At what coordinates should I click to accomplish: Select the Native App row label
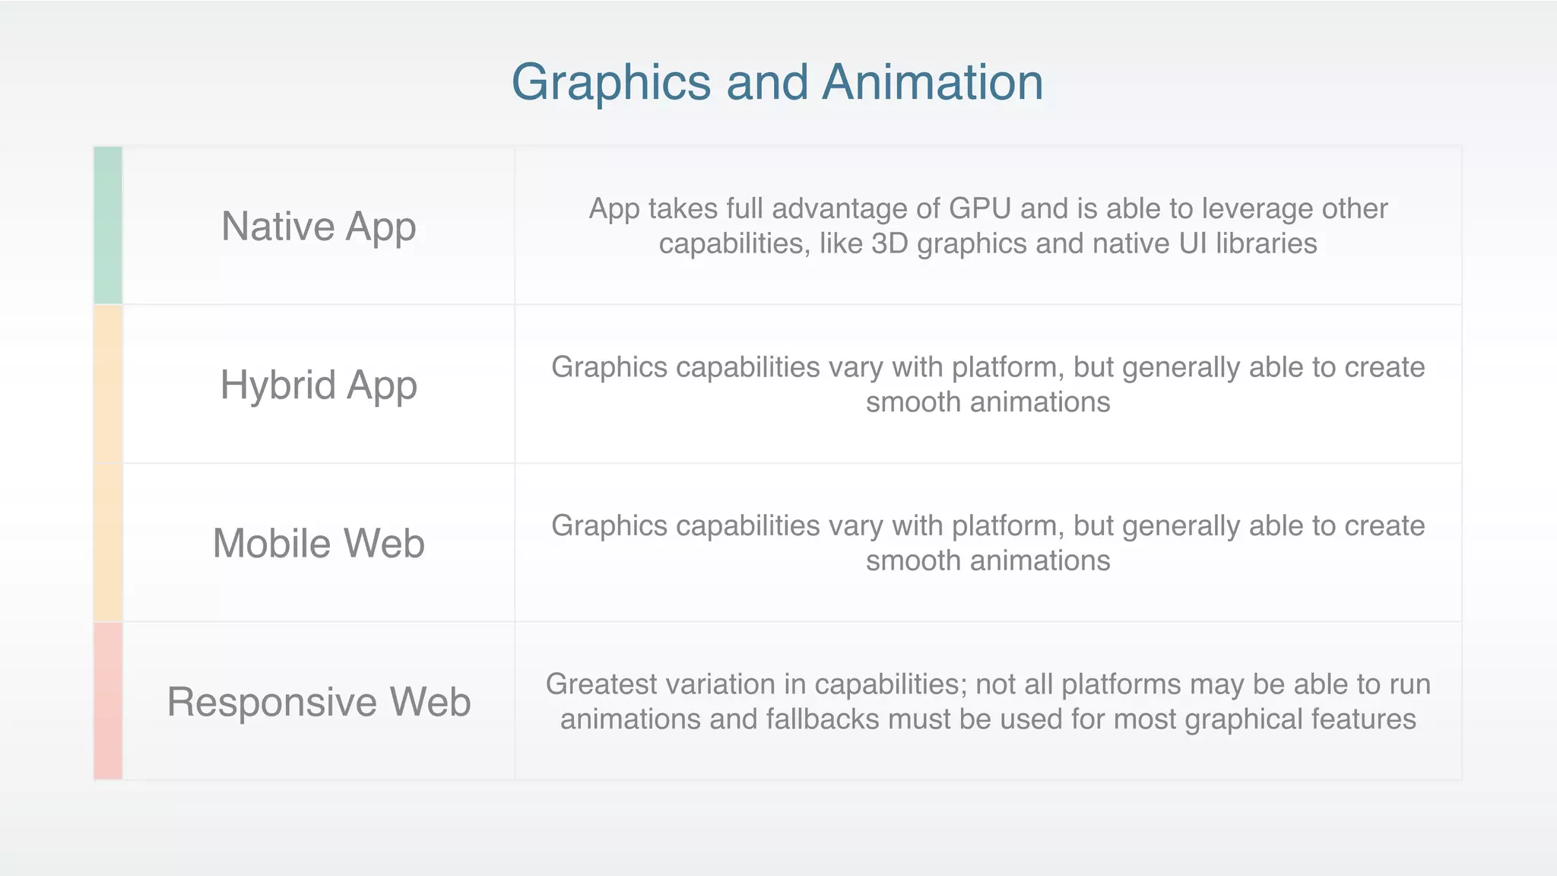319,227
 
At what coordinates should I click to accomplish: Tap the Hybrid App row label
319,385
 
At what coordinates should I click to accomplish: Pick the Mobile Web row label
319,544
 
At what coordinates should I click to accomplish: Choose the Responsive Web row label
319,701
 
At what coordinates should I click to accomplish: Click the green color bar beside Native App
108,226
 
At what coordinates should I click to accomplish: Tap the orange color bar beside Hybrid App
108,384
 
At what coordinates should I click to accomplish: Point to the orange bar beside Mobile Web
108,543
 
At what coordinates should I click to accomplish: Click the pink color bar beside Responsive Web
108,701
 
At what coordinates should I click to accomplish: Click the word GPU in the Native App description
980,208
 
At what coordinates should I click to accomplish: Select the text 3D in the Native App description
889,244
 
